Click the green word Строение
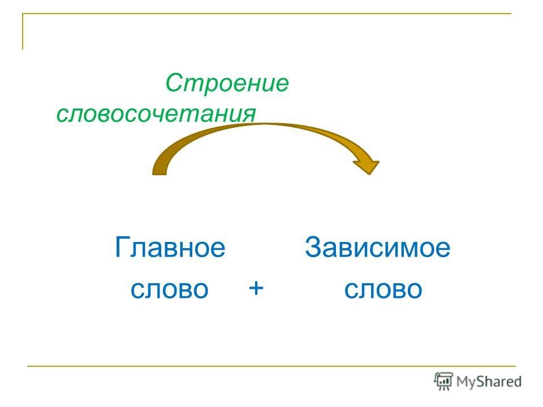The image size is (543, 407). tap(227, 83)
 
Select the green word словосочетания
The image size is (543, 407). tap(156, 113)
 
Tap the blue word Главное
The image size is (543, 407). tap(170, 247)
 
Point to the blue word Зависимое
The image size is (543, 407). tap(377, 247)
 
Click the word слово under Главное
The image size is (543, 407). tap(169, 289)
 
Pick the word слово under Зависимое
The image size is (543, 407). tap(383, 289)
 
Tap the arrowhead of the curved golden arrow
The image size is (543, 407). tap(368, 166)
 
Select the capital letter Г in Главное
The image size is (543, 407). tap(122, 247)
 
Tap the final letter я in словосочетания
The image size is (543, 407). tap(249, 115)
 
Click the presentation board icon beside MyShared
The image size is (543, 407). tap(443, 382)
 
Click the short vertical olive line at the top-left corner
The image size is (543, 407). tap(23, 32)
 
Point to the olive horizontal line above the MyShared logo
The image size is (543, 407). tap(271, 366)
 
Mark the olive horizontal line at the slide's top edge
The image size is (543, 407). tap(267, 14)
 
